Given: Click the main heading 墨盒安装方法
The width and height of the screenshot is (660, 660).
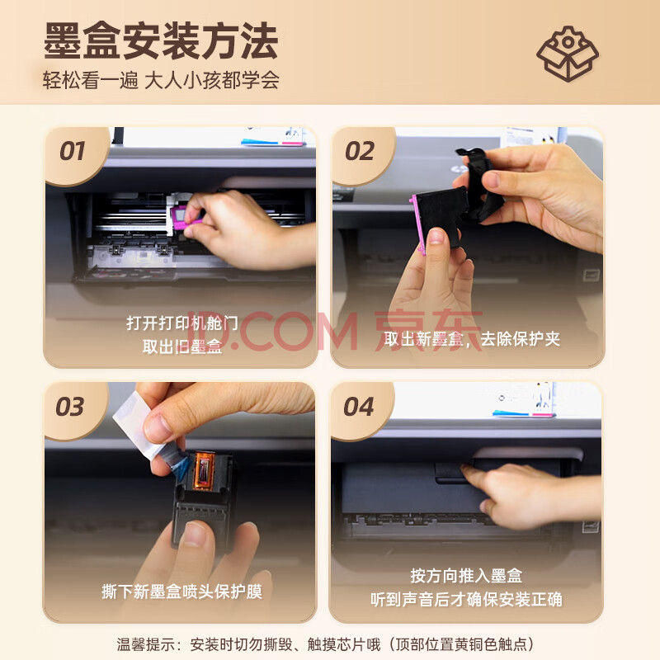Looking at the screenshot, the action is coord(160,40).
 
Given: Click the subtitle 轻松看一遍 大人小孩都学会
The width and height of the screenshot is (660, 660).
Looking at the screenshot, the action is coord(160,80).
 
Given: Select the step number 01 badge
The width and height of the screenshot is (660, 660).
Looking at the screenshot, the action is coord(73,151).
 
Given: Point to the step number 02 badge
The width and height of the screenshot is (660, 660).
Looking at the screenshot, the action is coord(360,151).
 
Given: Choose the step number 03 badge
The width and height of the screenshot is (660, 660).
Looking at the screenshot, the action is coord(70,407).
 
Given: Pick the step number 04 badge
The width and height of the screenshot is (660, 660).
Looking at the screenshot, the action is coord(358,407).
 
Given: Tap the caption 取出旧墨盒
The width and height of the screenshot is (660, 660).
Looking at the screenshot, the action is coord(182,346).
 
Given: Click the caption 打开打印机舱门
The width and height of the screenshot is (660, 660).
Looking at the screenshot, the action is coord(182,323).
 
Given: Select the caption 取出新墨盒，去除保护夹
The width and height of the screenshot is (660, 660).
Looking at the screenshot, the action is coord(472,339).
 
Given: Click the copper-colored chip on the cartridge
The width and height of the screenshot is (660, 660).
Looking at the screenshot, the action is coord(204,470).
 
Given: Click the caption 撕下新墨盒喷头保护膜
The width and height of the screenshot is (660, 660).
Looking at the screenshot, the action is coord(181,592).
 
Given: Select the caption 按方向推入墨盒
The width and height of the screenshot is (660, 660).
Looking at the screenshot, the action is coord(466,576).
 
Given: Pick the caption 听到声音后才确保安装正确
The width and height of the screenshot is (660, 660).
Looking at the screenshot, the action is coord(466,600).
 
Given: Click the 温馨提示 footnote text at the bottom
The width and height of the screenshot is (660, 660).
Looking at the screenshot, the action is coord(325,644).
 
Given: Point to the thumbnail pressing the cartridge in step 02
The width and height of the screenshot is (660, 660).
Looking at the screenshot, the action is coord(436,237).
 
